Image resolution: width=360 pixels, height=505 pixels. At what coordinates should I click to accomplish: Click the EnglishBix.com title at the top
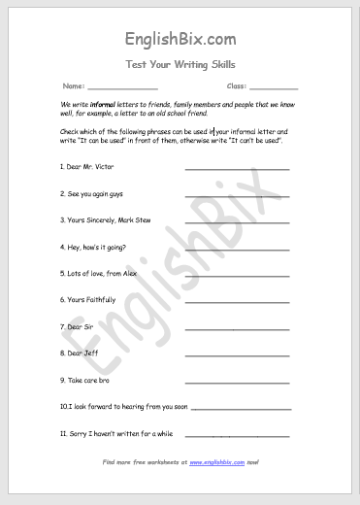(180, 40)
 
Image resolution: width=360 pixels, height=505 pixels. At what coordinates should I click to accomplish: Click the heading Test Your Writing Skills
(180, 65)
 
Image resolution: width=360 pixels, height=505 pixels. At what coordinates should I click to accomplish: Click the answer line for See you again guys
(237, 195)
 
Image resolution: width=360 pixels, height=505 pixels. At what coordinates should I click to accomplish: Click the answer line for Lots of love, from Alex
(237, 276)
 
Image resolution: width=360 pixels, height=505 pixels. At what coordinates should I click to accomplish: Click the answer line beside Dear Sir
(237, 329)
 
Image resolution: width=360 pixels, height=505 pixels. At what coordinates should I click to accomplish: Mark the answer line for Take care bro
(237, 383)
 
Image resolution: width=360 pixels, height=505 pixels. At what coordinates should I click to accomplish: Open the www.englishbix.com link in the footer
(216, 462)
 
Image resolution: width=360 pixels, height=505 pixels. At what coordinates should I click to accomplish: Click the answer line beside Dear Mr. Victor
(237, 169)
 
